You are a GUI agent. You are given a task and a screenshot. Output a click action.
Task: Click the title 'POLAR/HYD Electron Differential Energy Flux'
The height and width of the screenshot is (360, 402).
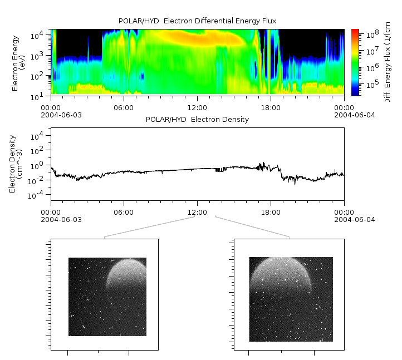click(197, 21)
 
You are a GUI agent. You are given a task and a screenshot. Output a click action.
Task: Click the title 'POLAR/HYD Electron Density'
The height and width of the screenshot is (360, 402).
click(197, 120)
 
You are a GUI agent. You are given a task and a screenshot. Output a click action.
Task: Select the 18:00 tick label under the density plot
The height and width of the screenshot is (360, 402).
click(271, 212)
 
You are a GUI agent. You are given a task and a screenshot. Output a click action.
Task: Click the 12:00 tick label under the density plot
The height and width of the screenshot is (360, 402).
click(197, 212)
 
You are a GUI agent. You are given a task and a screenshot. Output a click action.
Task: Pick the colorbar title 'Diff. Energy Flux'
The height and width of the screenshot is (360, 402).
click(386, 62)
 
